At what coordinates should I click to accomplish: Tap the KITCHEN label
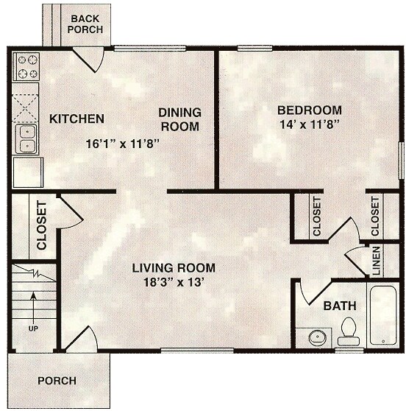pyautogui.click(x=76, y=119)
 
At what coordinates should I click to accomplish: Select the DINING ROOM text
pyautogui.click(x=180, y=119)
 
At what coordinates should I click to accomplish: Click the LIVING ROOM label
pyautogui.click(x=174, y=267)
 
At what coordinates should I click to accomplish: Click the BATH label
pyautogui.click(x=339, y=305)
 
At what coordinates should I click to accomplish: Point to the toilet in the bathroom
pyautogui.click(x=349, y=331)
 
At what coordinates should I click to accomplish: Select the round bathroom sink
pyautogui.click(x=318, y=338)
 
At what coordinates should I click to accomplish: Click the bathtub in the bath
pyautogui.click(x=382, y=317)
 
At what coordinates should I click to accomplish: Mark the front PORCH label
pyautogui.click(x=57, y=381)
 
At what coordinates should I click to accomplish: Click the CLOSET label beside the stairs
pyautogui.click(x=41, y=226)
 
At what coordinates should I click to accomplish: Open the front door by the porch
pyautogui.click(x=83, y=340)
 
